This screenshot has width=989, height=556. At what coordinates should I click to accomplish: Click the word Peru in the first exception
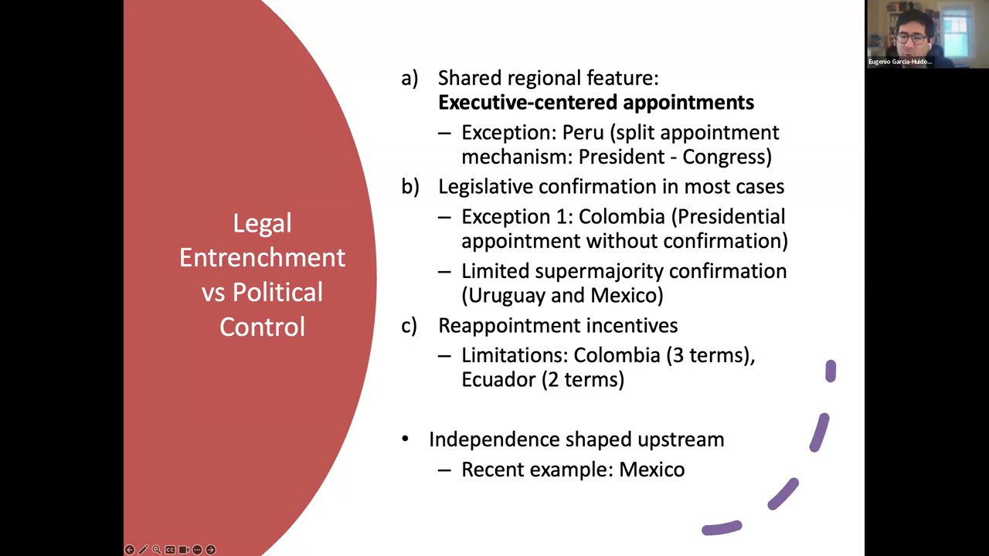click(583, 132)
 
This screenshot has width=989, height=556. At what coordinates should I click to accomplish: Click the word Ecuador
click(498, 379)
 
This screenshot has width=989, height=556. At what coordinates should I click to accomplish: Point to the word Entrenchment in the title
click(262, 257)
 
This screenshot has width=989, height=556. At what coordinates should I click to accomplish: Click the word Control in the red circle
click(262, 327)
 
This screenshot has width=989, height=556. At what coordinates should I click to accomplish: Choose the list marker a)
click(410, 78)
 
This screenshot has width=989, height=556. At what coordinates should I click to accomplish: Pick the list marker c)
click(409, 326)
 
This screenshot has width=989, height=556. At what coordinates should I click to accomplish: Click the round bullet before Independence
click(405, 439)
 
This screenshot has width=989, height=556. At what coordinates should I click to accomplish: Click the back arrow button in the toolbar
click(129, 549)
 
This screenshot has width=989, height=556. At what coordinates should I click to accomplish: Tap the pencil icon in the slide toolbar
click(143, 549)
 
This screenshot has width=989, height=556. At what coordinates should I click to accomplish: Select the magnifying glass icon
click(156, 549)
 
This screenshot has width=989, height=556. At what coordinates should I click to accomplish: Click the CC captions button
click(170, 549)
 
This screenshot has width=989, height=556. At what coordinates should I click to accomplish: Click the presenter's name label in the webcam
click(900, 62)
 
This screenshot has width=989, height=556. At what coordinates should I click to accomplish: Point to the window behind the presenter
click(956, 31)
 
